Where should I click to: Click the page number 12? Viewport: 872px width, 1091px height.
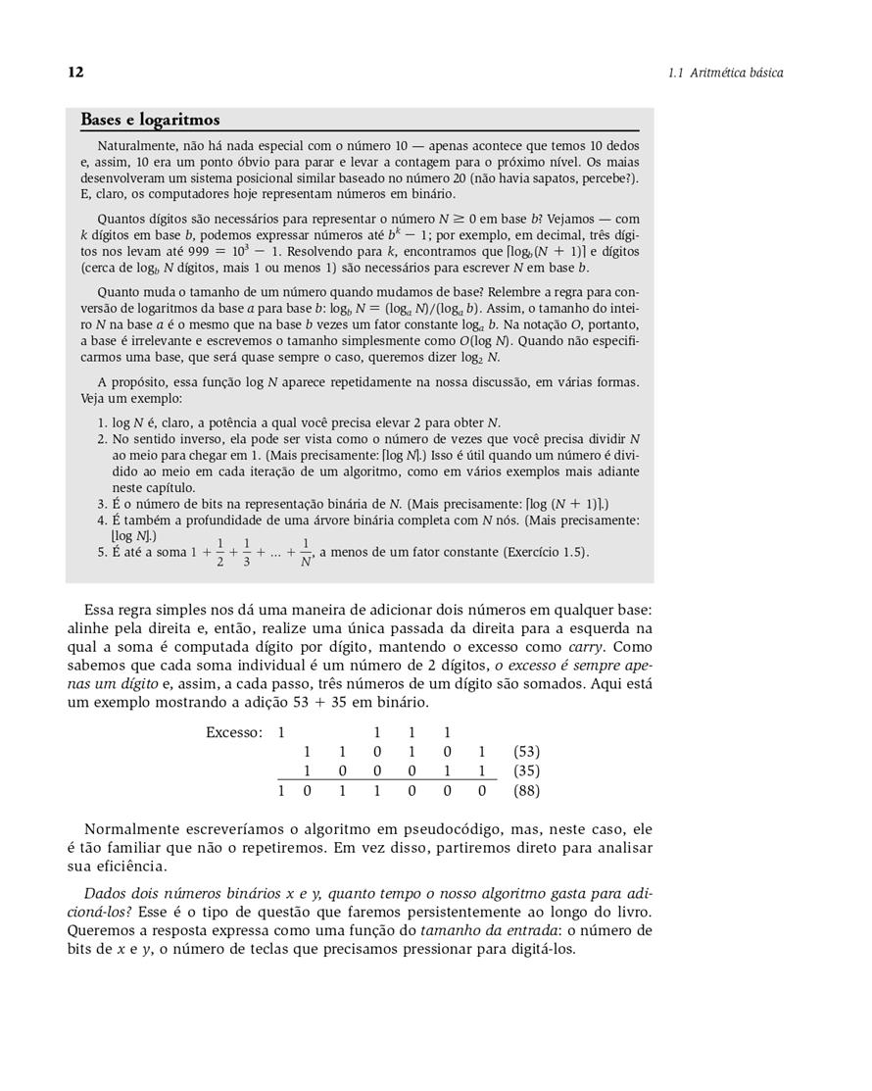tap(75, 73)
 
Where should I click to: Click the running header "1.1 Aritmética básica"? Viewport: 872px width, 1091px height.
tap(725, 73)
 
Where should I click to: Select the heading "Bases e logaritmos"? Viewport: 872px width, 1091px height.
tap(150, 120)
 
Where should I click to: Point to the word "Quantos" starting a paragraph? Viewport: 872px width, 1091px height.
tap(121, 220)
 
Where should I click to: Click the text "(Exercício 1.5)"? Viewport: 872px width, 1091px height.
tap(547, 553)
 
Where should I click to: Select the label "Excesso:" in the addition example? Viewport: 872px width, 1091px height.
tap(234, 733)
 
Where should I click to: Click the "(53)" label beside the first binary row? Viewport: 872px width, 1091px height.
tap(527, 752)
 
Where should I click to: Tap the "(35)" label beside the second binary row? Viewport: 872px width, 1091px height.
tap(527, 771)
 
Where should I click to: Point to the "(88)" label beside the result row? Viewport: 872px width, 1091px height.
tap(527, 790)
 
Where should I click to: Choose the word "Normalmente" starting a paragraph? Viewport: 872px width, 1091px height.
tap(131, 829)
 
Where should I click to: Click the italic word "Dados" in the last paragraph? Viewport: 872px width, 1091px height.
tap(104, 894)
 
